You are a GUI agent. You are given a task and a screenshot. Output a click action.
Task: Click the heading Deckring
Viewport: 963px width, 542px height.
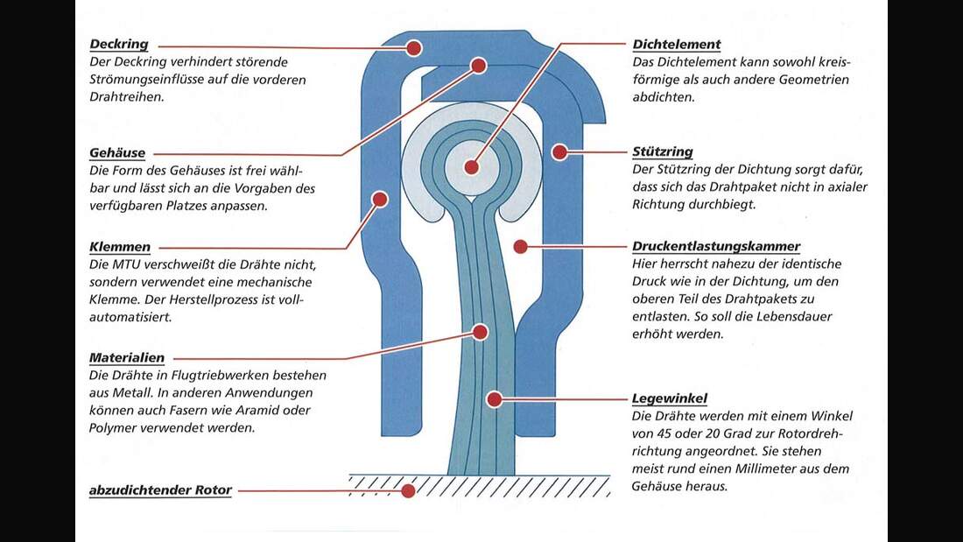point(119,45)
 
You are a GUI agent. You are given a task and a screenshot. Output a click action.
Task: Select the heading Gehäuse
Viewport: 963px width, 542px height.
point(117,152)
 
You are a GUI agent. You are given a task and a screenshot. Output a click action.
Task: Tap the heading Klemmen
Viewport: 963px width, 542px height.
point(120,247)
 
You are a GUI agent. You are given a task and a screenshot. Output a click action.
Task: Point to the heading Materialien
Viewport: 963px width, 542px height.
point(127,357)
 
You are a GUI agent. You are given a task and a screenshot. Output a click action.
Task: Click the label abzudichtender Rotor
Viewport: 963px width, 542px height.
point(160,489)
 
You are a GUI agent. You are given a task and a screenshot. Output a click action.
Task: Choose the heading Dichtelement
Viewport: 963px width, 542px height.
point(676,45)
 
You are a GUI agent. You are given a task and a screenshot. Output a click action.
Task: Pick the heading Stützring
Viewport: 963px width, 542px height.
point(663,151)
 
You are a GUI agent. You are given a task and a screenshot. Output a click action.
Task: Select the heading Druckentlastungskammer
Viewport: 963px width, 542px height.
point(716,246)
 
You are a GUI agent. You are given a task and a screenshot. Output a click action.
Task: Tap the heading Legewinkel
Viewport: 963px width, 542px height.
point(670,398)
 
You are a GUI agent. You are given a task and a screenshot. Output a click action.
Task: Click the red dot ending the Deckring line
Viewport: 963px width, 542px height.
point(414,48)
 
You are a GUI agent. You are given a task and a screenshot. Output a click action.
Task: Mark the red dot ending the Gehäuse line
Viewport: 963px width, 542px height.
point(479,65)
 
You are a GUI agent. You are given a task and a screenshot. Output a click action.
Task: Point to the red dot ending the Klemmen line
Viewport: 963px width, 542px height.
point(380,199)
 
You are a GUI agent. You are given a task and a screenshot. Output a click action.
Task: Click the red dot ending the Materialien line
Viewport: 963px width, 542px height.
point(481,333)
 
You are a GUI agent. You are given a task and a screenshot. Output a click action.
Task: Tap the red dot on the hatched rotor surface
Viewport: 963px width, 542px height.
point(408,490)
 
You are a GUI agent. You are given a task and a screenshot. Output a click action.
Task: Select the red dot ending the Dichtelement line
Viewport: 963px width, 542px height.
point(472,167)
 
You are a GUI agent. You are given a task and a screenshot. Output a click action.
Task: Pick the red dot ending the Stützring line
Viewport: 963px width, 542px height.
point(559,151)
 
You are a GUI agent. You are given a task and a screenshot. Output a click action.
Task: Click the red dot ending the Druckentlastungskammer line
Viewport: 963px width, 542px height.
point(521,246)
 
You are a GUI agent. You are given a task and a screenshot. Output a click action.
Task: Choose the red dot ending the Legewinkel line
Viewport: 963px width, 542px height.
point(495,399)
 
